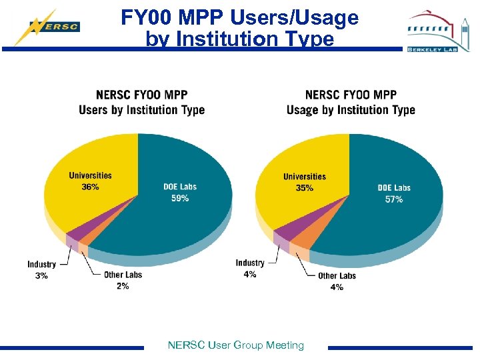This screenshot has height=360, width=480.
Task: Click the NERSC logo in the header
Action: (48, 27)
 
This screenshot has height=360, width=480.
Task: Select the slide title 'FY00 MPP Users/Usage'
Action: (239, 18)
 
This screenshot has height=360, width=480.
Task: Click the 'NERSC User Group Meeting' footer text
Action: (236, 345)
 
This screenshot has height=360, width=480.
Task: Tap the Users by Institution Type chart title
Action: (141, 103)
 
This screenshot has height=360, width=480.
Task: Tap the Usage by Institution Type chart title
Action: (351, 103)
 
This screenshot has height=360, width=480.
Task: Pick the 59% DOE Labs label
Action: (180, 193)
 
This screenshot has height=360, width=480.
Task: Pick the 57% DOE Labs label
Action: (393, 193)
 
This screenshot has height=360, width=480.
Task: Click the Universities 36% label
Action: (90, 181)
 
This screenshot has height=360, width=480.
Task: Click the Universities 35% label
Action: (304, 182)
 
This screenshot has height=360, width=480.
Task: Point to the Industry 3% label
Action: (41, 270)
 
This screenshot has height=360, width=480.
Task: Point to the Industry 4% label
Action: (250, 269)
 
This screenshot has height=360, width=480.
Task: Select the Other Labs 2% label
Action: (123, 280)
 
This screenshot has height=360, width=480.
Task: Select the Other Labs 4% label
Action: (337, 281)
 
